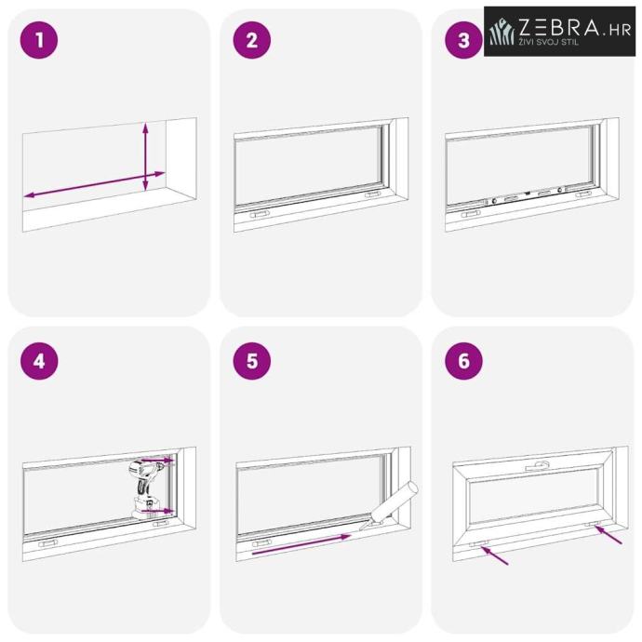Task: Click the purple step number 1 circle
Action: (x=39, y=40)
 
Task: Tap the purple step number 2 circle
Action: (x=252, y=40)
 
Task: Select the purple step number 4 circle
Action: (x=39, y=361)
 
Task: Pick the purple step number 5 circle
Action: (x=252, y=361)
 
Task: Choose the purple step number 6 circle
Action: (x=464, y=361)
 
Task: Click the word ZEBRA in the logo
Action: (x=559, y=27)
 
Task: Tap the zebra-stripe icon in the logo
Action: (x=502, y=31)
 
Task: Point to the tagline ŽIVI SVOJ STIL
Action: (x=549, y=42)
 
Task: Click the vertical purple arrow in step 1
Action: (x=145, y=157)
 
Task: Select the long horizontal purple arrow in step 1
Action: (x=94, y=184)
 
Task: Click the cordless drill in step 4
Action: (x=146, y=488)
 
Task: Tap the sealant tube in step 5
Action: (x=391, y=506)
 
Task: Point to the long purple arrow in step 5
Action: (x=301, y=544)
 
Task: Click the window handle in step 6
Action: (x=538, y=466)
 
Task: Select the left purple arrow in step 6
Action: (x=495, y=555)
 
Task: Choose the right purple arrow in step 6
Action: (x=609, y=534)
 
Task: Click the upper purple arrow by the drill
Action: (x=158, y=461)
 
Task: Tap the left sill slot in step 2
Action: (x=260, y=214)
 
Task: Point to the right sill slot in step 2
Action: (x=372, y=194)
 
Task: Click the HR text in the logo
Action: (x=620, y=31)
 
